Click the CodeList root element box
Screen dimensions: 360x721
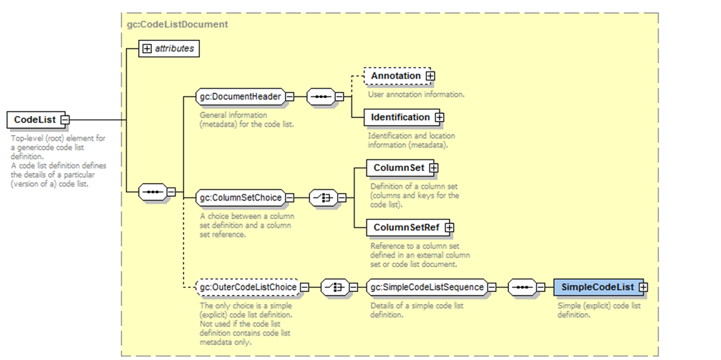(34, 120)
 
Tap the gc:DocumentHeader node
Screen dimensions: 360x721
(240, 97)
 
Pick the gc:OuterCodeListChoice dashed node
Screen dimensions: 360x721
(246, 287)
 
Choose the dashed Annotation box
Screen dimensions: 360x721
(395, 76)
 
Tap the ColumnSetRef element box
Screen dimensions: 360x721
(406, 228)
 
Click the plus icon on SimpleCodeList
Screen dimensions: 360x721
(643, 287)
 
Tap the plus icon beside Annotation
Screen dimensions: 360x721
(430, 76)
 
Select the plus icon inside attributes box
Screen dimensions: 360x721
(147, 49)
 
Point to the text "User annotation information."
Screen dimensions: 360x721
(416, 94)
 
